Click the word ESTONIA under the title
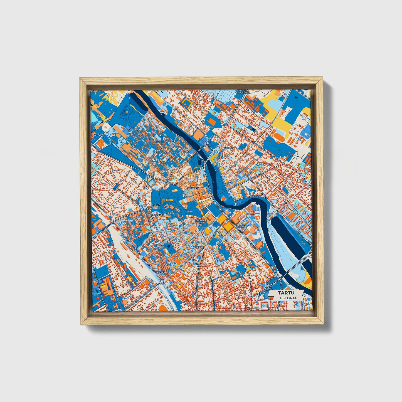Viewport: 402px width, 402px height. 288,298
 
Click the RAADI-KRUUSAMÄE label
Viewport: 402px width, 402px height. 241,92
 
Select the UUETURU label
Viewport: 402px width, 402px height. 241,226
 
